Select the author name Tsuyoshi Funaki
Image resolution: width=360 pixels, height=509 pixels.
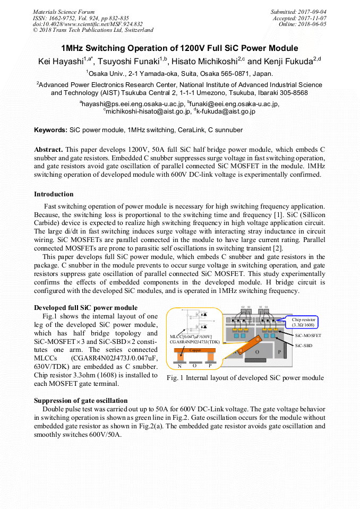[x=131, y=62]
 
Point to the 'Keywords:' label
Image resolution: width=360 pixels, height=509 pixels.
[x=50, y=130]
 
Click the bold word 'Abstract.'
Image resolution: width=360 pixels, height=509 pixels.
[x=48, y=150]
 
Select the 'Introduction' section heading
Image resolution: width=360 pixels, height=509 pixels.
[x=54, y=194]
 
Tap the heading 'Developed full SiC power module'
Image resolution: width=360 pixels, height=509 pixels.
[x=85, y=308]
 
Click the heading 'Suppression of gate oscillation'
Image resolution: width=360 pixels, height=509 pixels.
[x=81, y=400]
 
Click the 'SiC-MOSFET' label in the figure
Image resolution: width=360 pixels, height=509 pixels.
[x=308, y=335]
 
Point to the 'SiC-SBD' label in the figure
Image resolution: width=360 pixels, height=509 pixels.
[x=305, y=345]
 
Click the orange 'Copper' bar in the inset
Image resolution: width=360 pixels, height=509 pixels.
[x=195, y=350]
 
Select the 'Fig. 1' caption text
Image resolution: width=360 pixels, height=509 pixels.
[x=245, y=378]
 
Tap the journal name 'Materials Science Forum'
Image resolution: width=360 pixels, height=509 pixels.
[x=64, y=12]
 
